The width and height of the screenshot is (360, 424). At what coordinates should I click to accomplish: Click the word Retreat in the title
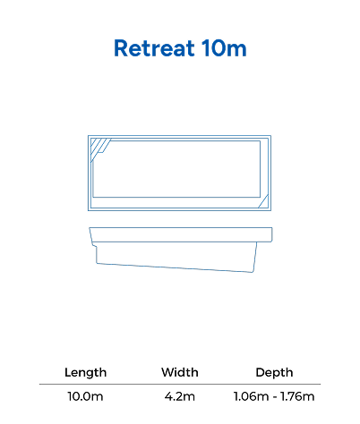tap(154, 48)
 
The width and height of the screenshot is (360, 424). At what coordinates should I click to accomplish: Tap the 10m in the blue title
tap(224, 48)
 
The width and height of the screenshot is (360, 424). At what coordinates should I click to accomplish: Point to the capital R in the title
tap(121, 48)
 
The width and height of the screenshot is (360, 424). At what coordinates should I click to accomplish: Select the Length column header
tap(85, 372)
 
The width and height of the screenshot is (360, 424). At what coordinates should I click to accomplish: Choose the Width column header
tap(180, 372)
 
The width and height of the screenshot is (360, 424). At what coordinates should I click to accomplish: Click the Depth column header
tap(274, 373)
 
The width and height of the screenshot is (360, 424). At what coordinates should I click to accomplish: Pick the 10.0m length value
tap(85, 396)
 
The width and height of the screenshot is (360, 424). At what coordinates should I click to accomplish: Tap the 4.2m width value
tap(180, 396)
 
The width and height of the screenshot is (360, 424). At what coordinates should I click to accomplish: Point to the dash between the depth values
tap(274, 397)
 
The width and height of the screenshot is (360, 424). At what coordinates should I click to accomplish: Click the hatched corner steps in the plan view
tap(99, 148)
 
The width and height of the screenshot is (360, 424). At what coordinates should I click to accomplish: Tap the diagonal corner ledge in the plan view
tap(263, 201)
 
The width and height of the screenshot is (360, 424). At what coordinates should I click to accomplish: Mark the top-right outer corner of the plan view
tap(271, 136)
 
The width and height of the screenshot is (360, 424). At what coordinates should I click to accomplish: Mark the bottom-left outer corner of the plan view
tap(88, 210)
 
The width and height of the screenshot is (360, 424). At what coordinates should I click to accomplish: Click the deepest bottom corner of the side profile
tap(253, 272)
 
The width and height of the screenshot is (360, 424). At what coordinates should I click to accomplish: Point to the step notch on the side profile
tap(95, 245)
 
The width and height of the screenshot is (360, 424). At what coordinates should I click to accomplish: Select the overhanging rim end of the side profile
tap(270, 234)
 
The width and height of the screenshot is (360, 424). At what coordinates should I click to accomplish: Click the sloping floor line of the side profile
tap(175, 267)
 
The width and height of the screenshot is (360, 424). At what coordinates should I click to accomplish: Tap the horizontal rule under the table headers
tap(180, 385)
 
